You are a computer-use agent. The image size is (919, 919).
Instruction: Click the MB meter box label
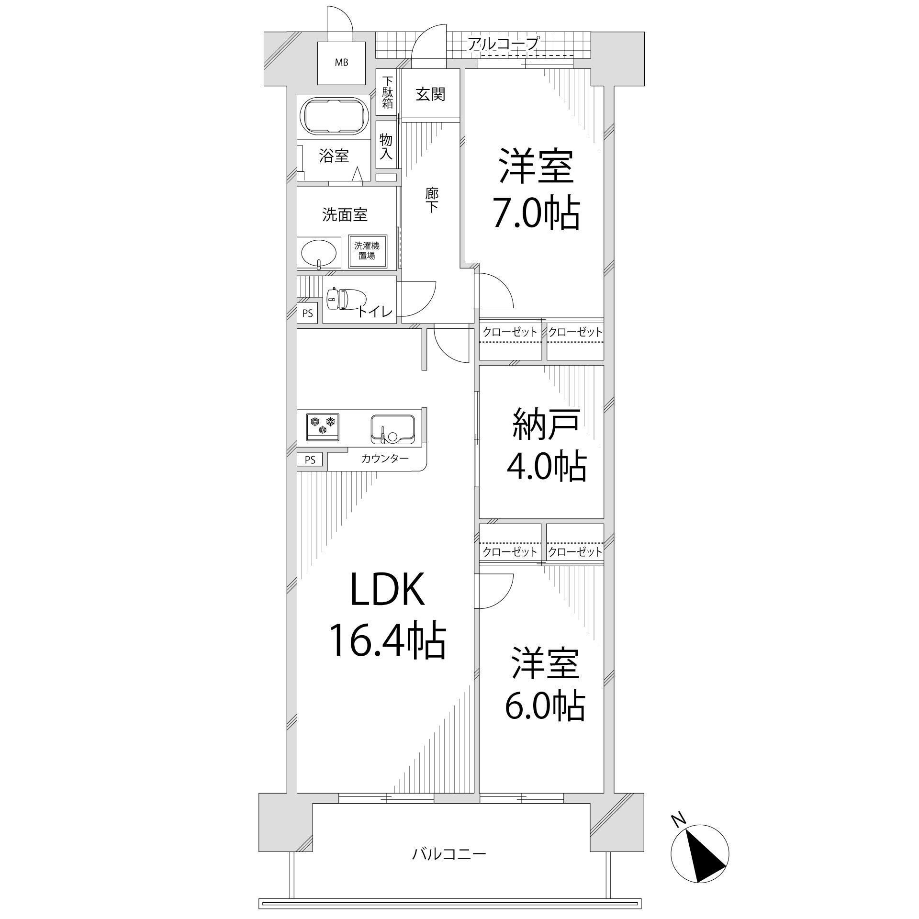tap(341, 62)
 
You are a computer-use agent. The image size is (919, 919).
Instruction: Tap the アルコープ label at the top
tap(504, 44)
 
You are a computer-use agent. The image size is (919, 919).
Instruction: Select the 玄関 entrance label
tap(430, 94)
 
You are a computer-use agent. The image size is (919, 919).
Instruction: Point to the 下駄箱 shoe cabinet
tap(388, 92)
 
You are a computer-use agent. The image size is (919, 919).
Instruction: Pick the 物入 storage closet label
tap(386, 146)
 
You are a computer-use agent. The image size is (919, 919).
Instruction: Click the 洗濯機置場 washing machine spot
tap(367, 251)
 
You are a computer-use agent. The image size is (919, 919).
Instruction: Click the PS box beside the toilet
tap(307, 314)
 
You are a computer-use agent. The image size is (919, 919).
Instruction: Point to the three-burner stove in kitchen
tap(323, 426)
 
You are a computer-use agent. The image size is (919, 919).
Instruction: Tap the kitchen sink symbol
tap(392, 428)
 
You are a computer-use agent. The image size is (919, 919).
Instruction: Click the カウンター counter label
tap(385, 459)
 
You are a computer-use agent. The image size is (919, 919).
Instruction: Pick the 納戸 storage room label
tap(547, 425)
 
